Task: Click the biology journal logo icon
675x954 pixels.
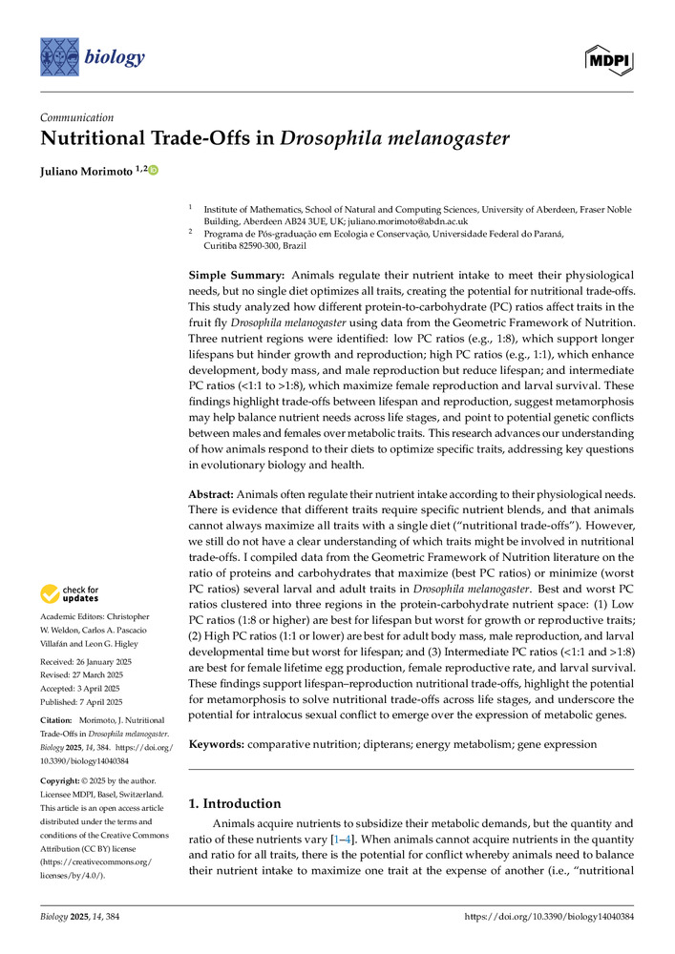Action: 59,57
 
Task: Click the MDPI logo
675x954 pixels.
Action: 610,59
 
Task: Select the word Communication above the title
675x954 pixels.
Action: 77,117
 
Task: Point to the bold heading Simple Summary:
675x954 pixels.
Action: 230,275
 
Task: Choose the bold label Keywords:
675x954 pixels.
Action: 217,742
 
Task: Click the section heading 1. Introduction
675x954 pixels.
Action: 234,803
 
